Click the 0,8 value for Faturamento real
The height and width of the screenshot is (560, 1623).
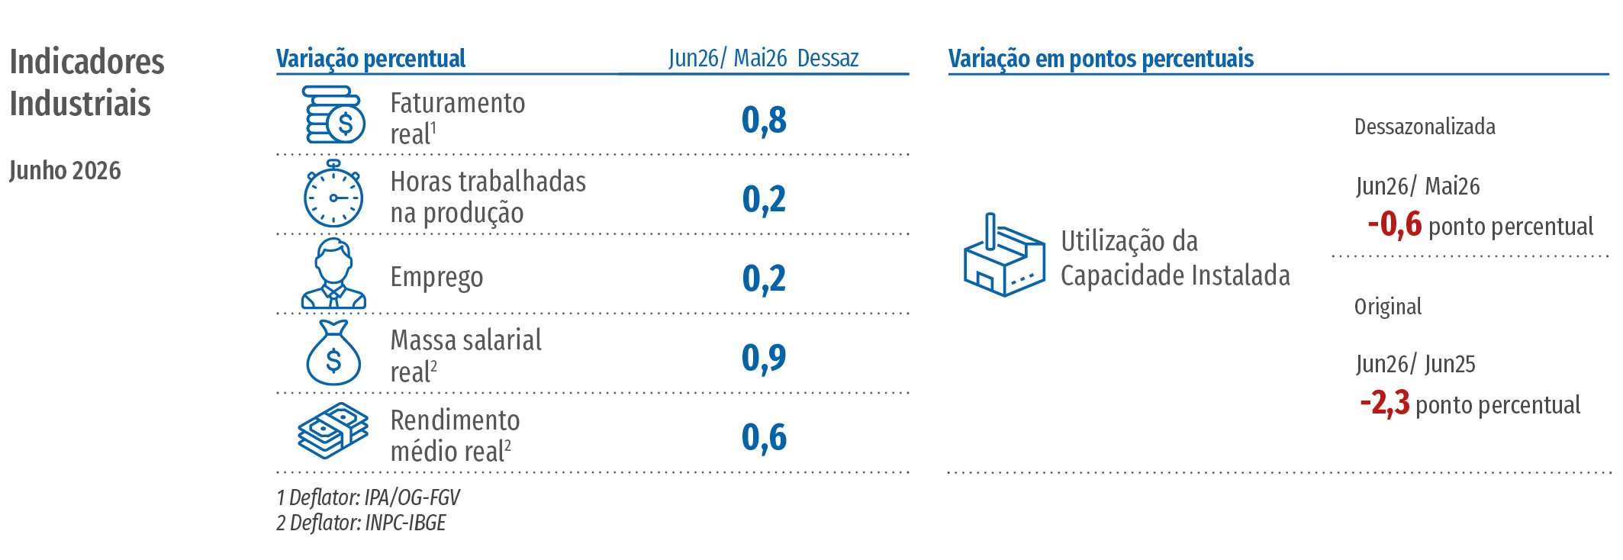click(764, 121)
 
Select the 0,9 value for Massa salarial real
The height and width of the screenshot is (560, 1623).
click(764, 358)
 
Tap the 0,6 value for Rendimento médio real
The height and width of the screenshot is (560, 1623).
click(764, 437)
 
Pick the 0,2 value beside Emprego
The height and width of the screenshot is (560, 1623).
click(764, 278)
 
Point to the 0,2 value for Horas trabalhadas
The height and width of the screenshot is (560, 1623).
click(764, 199)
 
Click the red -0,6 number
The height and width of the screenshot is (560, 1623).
click(1395, 225)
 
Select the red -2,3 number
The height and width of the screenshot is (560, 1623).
click(1385, 403)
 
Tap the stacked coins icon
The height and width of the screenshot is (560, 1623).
click(334, 114)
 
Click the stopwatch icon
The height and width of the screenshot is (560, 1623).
click(333, 194)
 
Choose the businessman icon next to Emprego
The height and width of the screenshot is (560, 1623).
click(333, 273)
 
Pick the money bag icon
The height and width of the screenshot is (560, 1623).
click(333, 352)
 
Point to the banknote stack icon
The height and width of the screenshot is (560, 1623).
click(333, 431)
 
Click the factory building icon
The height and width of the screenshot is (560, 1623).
click(1004, 255)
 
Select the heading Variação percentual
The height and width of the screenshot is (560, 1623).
click(371, 59)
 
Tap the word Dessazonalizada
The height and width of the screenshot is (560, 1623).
click(1425, 127)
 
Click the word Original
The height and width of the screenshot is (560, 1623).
click(1388, 307)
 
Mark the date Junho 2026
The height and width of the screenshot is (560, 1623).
click(65, 170)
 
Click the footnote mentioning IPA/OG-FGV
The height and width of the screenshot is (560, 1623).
click(368, 497)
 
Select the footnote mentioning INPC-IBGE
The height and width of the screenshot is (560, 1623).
click(361, 523)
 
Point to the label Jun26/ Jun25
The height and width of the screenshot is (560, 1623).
click(1415, 364)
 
